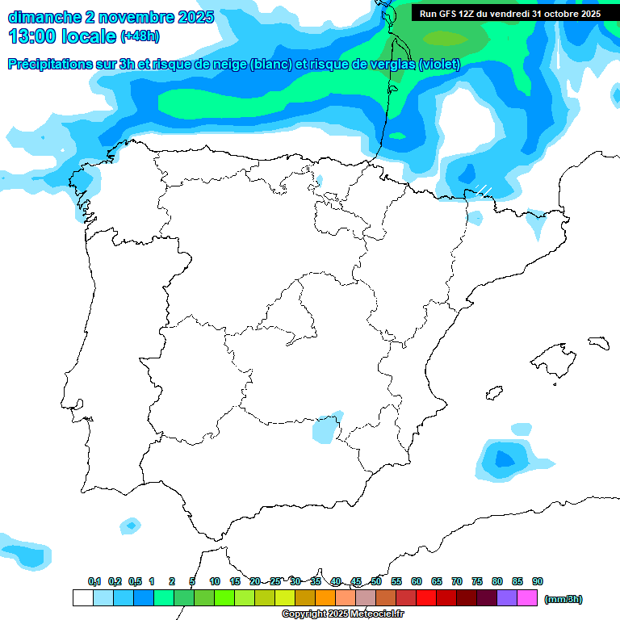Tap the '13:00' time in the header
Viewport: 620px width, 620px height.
click(33, 36)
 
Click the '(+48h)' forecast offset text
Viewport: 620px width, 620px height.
click(140, 36)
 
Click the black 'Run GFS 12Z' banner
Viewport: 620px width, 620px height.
click(509, 14)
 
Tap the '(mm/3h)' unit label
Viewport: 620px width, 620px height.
click(563, 599)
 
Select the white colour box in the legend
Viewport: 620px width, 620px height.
click(82, 598)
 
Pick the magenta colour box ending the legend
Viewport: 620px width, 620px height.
click(527, 598)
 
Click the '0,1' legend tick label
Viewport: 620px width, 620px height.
click(94, 582)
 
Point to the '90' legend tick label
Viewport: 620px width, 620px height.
click(538, 582)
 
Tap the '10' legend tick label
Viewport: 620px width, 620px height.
click(215, 582)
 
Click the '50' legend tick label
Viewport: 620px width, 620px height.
click(376, 582)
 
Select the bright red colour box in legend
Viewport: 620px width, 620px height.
click(426, 598)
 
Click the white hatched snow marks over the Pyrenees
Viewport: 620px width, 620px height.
click(483, 190)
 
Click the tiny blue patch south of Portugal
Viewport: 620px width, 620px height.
click(130, 526)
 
